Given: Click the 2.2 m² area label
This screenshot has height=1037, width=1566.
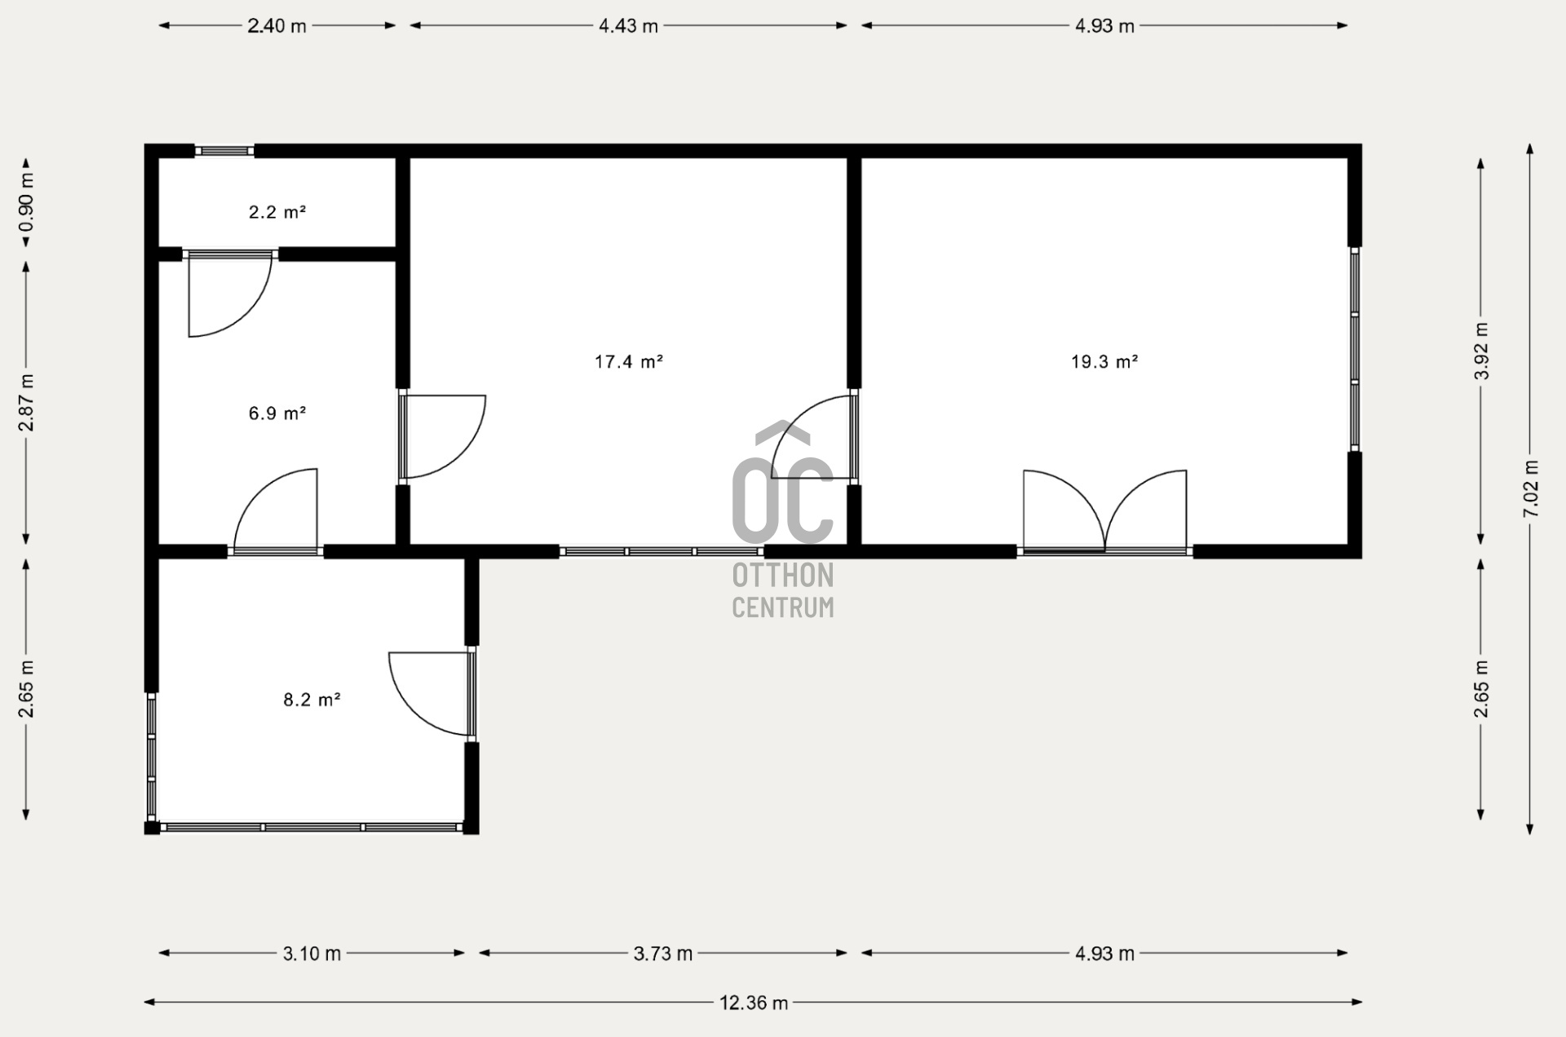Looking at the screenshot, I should [277, 212].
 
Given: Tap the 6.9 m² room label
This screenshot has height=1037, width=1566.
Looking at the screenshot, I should [277, 413].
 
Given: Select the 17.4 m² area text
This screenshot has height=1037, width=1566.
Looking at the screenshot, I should [629, 361].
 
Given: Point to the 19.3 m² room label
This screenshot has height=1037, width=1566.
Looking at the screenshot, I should [1104, 361].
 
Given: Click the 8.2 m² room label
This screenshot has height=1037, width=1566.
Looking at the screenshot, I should [312, 699].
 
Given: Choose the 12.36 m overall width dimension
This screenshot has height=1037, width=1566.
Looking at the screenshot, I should [754, 1003].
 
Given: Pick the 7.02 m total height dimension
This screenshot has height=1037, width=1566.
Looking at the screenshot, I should [1530, 489].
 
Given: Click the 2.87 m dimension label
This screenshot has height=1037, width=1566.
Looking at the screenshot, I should [26, 403].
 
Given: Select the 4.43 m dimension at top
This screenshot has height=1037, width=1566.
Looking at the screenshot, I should [628, 26].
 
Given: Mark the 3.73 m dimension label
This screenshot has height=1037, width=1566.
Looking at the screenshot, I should [662, 953].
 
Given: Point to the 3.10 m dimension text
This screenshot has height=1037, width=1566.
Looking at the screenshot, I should [312, 953].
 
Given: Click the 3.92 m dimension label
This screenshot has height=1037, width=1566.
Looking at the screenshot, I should [1481, 351].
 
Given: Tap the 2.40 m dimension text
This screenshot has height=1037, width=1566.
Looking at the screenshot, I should [277, 26].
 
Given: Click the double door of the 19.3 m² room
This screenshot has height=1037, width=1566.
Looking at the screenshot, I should [1104, 514].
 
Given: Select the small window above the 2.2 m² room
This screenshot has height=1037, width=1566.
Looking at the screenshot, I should [224, 151].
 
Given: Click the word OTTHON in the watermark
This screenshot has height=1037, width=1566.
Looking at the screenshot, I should [782, 576].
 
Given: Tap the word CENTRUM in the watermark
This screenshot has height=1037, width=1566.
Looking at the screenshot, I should [782, 607].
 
